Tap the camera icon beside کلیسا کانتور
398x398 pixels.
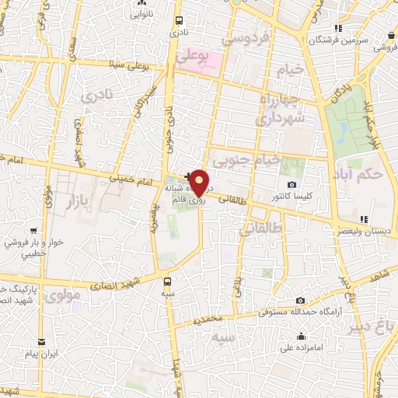tap(292, 184)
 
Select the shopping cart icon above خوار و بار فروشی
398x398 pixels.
tap(33, 231)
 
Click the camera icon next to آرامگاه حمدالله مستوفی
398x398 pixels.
tap(300, 300)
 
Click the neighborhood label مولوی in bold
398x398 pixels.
tap(62, 296)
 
